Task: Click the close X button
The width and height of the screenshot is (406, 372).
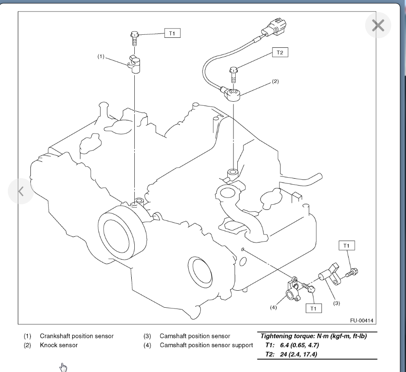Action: pyautogui.click(x=378, y=26)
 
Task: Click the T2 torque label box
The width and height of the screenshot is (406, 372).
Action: pyautogui.click(x=280, y=53)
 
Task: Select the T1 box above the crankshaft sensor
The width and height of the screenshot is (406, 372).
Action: pyautogui.click(x=172, y=33)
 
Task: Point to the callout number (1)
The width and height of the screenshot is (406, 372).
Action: pyautogui.click(x=101, y=57)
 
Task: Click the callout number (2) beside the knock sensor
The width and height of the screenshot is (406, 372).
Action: pyautogui.click(x=275, y=81)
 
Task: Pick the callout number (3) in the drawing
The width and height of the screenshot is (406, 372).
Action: pyautogui.click(x=336, y=303)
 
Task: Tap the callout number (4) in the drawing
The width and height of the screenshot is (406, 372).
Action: pyautogui.click(x=273, y=307)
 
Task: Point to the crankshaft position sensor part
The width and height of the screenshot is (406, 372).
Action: pyautogui.click(x=135, y=64)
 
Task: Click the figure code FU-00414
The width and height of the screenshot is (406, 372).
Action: pyautogui.click(x=362, y=321)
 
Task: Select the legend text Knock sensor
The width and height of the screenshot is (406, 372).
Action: pyautogui.click(x=59, y=345)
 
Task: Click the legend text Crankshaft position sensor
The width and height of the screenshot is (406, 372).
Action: pyautogui.click(x=77, y=336)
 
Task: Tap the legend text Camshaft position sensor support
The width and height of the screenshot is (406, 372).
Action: pyautogui.click(x=206, y=345)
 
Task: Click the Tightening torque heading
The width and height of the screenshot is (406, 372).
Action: pyautogui.click(x=313, y=336)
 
